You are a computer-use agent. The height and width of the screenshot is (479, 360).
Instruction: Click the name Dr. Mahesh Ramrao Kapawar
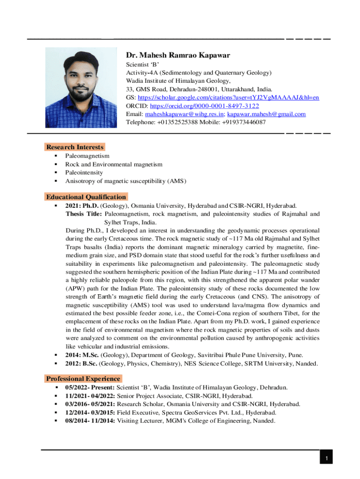coord(178,55)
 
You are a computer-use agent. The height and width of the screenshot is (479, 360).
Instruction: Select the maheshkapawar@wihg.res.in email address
coord(185,114)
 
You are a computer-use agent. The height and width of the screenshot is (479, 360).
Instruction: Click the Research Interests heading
coord(75,147)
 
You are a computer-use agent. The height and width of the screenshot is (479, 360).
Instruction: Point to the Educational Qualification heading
coord(86,197)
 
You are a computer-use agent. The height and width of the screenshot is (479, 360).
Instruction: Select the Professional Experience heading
coord(83,378)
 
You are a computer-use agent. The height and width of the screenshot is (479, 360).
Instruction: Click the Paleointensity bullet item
coord(84,173)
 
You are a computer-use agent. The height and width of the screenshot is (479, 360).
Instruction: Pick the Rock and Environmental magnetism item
coord(114,164)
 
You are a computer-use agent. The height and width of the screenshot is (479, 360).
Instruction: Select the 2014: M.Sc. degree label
coord(82,355)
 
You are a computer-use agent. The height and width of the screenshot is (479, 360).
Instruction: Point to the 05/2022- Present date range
coord(90,387)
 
